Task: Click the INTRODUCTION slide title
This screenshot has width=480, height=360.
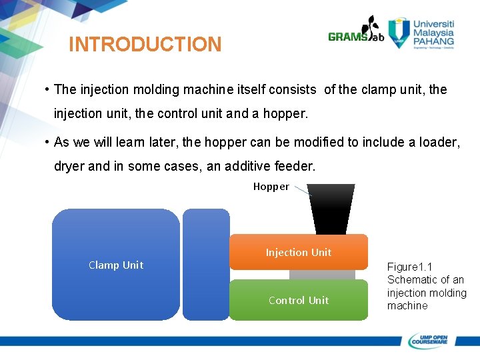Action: pyautogui.click(x=145, y=45)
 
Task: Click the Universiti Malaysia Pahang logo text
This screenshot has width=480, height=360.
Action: pyautogui.click(x=433, y=32)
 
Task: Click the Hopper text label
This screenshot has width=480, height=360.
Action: pyautogui.click(x=271, y=187)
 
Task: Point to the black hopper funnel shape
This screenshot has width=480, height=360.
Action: pyautogui.click(x=331, y=209)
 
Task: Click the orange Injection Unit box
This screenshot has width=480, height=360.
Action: pyautogui.click(x=298, y=252)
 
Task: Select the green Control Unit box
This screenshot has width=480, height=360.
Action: pyautogui.click(x=298, y=300)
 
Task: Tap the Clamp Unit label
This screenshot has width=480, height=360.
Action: pyautogui.click(x=116, y=265)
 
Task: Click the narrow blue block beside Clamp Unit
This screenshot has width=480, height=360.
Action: pyautogui.click(x=206, y=265)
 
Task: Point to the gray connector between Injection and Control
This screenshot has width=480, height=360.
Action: pyautogui.click(x=322, y=275)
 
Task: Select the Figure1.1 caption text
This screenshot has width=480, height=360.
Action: pyautogui.click(x=427, y=286)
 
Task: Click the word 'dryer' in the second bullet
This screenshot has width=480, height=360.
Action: pyautogui.click(x=69, y=166)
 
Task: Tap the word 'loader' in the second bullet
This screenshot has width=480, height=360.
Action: pyautogui.click(x=437, y=142)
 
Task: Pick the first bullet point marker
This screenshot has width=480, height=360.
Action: pyautogui.click(x=47, y=89)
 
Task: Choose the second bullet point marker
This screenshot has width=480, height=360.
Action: pyautogui.click(x=47, y=142)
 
